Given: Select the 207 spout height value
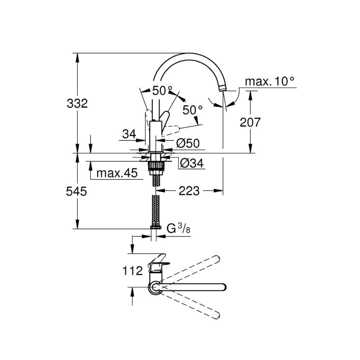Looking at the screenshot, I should click(x=250, y=122).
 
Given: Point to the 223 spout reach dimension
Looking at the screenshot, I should click(x=189, y=191).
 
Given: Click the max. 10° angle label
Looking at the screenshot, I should click(x=270, y=82).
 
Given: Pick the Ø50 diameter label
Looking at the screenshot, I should click(x=188, y=144).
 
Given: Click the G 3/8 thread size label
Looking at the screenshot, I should click(x=179, y=229).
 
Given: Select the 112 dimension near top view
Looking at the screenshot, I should click(x=132, y=271).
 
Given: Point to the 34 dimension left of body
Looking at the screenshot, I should click(x=129, y=135).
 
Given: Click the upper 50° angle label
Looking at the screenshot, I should click(x=162, y=91).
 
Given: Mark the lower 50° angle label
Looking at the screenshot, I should click(x=192, y=110).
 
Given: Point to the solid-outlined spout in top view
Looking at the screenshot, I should click(x=194, y=287).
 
